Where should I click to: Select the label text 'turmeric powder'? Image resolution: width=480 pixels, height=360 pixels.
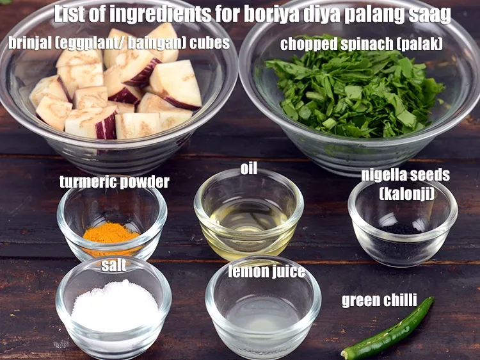[x=115, y=182]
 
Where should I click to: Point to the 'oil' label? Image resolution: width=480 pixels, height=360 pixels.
[x=249, y=168]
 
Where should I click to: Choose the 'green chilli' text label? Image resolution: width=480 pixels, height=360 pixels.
[x=379, y=300]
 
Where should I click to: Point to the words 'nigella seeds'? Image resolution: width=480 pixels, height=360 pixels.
[x=405, y=175]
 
